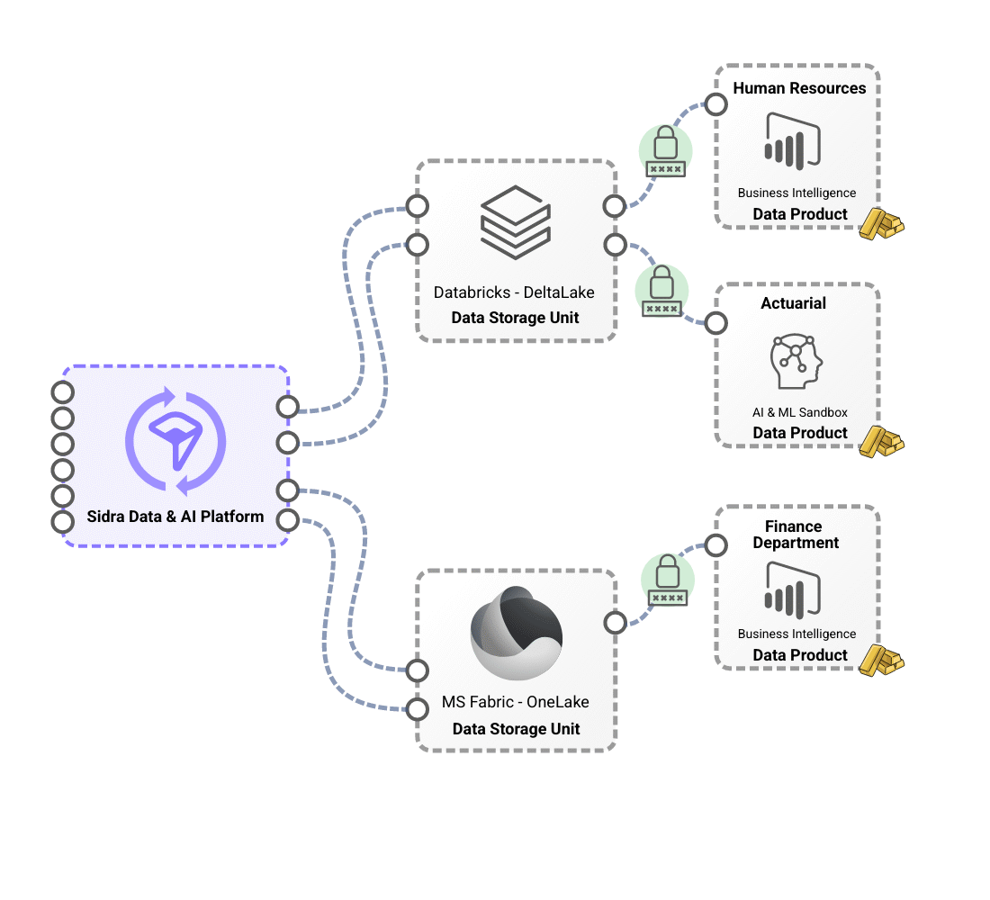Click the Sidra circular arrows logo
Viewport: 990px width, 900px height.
[175, 441]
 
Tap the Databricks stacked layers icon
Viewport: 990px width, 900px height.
[515, 221]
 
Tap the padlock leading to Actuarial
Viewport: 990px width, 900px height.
[661, 290]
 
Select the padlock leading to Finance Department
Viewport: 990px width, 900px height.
[667, 579]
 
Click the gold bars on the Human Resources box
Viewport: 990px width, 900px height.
[880, 223]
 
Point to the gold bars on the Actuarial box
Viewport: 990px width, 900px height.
[880, 442]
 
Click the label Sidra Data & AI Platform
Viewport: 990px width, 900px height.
[175, 517]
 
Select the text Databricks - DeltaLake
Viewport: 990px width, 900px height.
[514, 292]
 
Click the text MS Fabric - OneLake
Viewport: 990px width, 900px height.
[516, 702]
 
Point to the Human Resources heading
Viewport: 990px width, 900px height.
[799, 88]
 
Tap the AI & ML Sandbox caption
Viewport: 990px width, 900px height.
[800, 412]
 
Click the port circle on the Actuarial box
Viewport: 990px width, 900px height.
[716, 323]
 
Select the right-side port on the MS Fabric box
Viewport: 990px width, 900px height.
[616, 623]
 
